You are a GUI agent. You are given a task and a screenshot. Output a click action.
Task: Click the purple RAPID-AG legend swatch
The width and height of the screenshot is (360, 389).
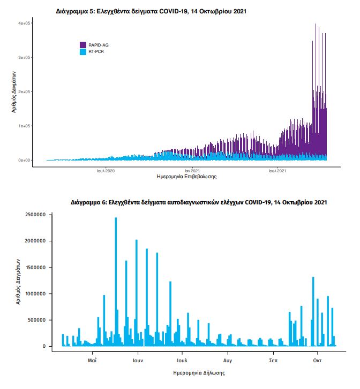[x=83, y=45]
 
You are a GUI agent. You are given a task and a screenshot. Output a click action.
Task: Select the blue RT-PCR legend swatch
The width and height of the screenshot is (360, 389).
[x=83, y=51]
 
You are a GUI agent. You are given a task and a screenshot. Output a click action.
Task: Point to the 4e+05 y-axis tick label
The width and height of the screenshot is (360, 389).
[x=24, y=23]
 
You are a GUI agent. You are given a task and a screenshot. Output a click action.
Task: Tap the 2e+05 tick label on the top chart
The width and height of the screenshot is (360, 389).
[x=24, y=92]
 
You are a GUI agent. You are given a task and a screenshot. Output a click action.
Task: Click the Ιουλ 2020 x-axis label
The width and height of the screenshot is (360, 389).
[x=106, y=171]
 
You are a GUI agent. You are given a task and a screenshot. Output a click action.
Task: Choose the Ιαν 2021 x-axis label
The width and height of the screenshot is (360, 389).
[x=192, y=171]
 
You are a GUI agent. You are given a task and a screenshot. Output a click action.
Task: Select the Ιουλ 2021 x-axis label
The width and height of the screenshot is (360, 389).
[x=277, y=171]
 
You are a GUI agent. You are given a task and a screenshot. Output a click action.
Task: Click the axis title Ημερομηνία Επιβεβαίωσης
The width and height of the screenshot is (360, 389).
[x=186, y=177]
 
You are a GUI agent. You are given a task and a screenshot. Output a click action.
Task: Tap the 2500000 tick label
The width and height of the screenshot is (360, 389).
[x=35, y=215]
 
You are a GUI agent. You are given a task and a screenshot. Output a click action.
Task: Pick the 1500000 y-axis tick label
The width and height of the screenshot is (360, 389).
[x=35, y=268]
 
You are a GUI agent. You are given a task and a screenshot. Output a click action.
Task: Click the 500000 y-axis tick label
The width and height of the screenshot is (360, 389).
[x=37, y=320]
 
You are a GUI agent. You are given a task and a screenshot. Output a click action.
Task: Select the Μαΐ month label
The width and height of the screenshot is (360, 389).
[x=92, y=361]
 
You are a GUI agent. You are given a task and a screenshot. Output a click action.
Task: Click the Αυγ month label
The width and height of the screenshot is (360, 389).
[x=228, y=361]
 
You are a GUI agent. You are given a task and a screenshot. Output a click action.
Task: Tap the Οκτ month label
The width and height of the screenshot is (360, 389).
[x=317, y=361]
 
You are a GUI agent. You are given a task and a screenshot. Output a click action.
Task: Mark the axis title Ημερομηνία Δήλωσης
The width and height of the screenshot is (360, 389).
[x=199, y=373]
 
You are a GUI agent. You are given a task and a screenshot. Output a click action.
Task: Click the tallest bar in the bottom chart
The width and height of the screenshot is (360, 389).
[x=116, y=282]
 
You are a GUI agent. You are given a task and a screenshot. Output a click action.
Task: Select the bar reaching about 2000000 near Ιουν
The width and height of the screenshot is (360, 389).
[x=137, y=293]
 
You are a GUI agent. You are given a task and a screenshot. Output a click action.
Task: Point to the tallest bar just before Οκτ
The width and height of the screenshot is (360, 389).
[x=313, y=311]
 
